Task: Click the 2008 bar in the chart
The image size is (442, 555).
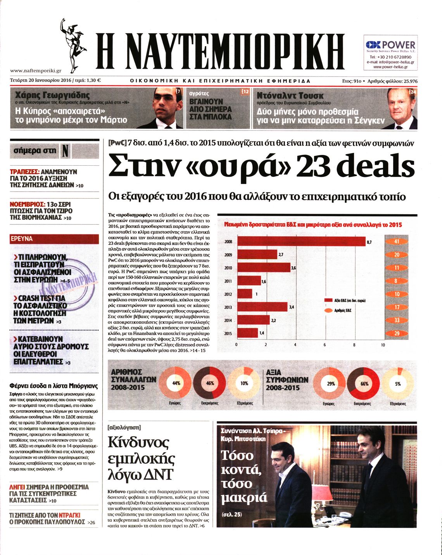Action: point(301,241)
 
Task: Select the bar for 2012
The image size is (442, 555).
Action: point(245,294)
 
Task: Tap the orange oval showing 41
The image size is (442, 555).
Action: point(397,241)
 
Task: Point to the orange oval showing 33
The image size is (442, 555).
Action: point(397,320)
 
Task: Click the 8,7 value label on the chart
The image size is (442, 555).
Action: point(369,242)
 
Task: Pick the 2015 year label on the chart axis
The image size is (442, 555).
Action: point(228,333)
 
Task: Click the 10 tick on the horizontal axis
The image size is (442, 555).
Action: point(383,345)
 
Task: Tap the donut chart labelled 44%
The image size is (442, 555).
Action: point(176,383)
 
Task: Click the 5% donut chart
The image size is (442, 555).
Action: point(398,383)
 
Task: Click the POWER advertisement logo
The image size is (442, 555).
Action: point(391,45)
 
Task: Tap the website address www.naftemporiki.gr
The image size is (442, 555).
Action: point(36,71)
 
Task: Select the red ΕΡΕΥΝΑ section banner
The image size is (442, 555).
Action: point(54,239)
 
